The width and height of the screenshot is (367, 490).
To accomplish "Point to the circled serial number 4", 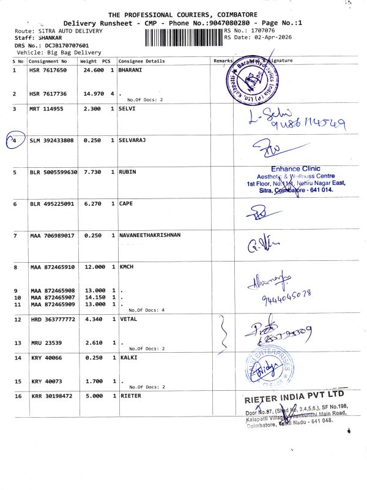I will [14, 141].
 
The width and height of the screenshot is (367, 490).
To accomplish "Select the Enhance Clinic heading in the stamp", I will [295, 169].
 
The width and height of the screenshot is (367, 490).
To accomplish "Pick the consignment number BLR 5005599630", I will [54, 172].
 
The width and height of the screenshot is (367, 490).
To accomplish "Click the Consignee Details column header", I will [141, 61].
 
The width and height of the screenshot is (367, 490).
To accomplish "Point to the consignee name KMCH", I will [127, 268].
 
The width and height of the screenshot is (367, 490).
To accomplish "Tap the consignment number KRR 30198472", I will [51, 396].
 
